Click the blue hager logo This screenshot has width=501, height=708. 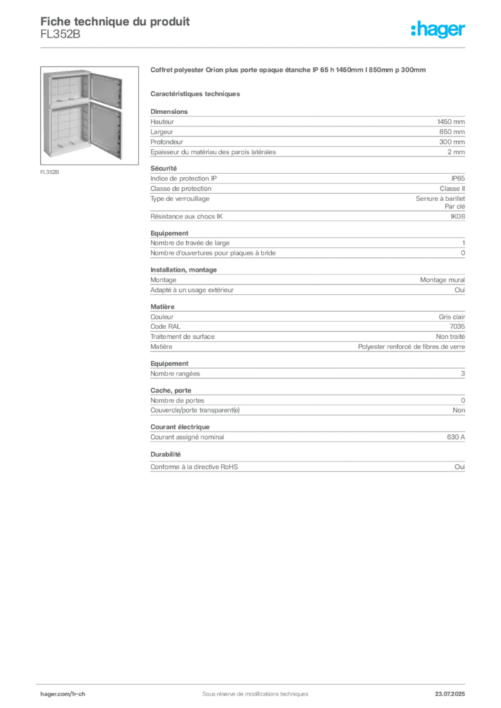click(439, 30)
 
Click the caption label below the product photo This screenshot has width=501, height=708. click(49, 172)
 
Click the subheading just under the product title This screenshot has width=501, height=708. click(196, 92)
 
